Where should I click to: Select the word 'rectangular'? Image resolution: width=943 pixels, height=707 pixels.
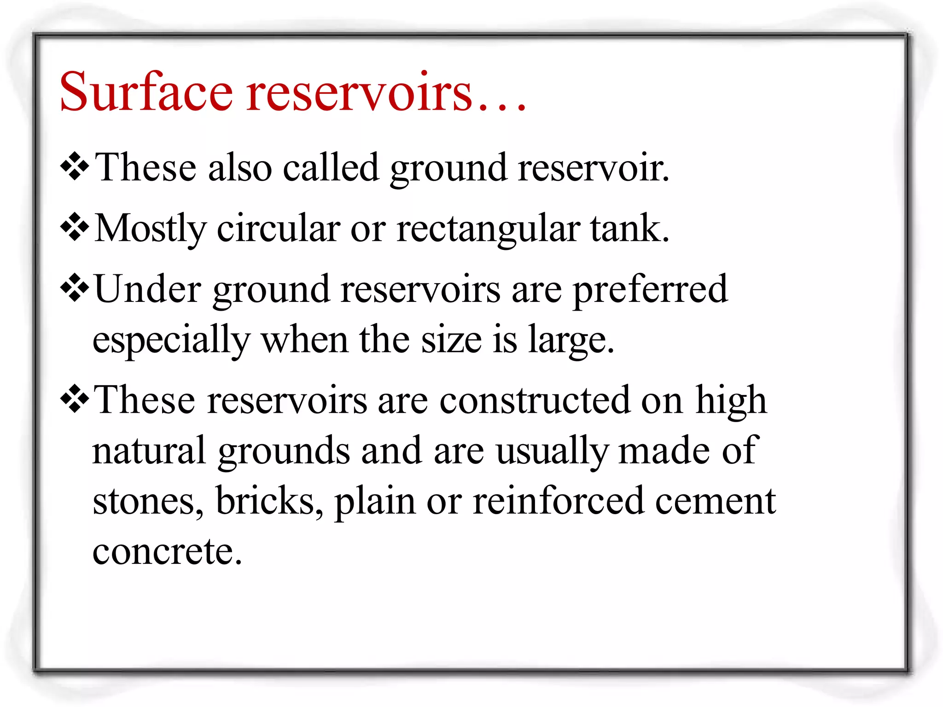[x=488, y=229]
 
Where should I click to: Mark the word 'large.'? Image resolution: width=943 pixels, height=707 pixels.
[x=571, y=341]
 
